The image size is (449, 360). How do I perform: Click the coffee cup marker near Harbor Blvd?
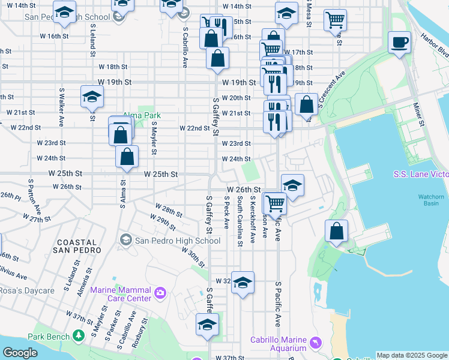point(399,43)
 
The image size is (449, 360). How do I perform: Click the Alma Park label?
point(134,115)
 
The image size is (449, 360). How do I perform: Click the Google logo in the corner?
point(20,353)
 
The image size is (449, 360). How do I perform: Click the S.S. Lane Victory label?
point(420,175)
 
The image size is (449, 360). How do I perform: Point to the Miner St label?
point(418,114)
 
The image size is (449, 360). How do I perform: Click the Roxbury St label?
point(143,334)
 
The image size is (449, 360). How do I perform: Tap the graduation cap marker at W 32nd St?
point(243,283)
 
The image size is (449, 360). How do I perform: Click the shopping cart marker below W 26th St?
point(275,203)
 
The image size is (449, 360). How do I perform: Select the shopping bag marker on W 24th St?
point(127,157)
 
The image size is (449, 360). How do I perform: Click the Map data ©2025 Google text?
point(412,355)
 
